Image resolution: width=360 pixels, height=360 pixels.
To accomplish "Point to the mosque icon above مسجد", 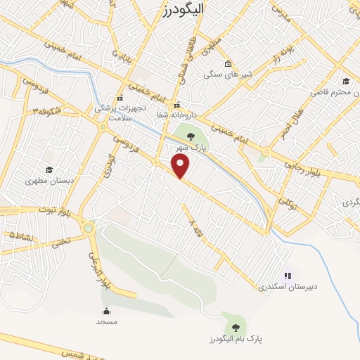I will [107, 311].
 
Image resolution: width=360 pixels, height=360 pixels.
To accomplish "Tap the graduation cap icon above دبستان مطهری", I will [49, 169].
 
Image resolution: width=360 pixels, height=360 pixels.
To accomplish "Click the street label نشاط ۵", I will [20, 237].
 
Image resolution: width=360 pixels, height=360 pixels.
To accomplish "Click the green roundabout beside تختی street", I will [87, 228].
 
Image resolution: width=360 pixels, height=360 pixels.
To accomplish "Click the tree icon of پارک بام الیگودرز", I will [234, 326].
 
